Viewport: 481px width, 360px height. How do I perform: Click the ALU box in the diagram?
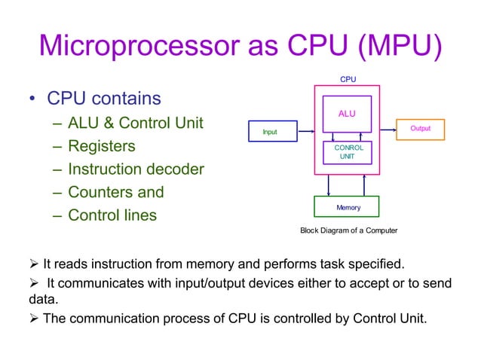tap(347, 114)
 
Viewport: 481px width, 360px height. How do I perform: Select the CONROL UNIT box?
tap(348, 152)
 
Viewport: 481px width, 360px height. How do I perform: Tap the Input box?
tap(269, 132)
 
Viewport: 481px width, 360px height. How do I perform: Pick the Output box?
tap(420, 129)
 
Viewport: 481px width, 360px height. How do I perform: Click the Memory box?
tap(348, 206)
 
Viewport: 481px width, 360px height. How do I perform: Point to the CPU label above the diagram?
tap(348, 78)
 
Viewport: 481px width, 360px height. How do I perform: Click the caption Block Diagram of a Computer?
tap(348, 230)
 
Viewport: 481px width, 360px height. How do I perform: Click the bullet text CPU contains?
tap(104, 99)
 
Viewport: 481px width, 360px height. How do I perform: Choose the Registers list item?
tap(102, 146)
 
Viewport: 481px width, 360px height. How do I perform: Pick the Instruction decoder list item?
tap(136, 169)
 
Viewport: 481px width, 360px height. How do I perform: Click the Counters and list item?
tap(116, 192)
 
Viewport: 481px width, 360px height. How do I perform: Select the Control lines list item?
tap(112, 215)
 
